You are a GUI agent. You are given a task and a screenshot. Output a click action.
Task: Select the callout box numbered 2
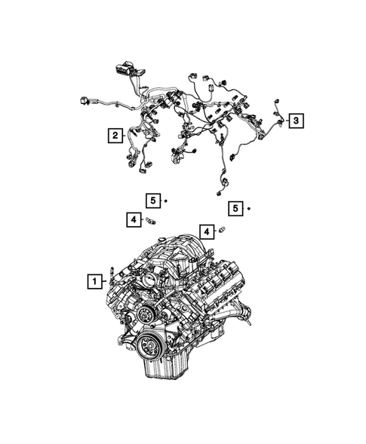click(x=115, y=136)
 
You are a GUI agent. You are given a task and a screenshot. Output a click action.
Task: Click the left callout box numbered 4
click(x=132, y=219)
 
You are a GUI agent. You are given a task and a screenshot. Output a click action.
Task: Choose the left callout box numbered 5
click(x=152, y=201)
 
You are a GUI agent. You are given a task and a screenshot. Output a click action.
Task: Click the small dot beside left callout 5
click(x=165, y=201)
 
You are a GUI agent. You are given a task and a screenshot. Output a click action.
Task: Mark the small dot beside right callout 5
click(x=248, y=207)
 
